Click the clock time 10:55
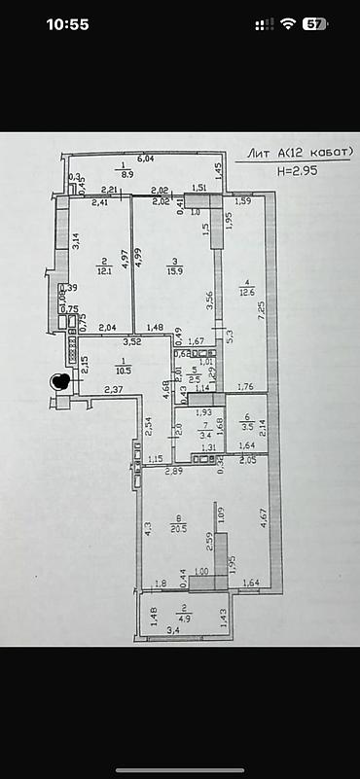click(x=67, y=24)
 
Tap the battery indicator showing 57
click(x=314, y=24)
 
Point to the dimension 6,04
click(x=146, y=158)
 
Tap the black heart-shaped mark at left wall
click(x=59, y=382)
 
